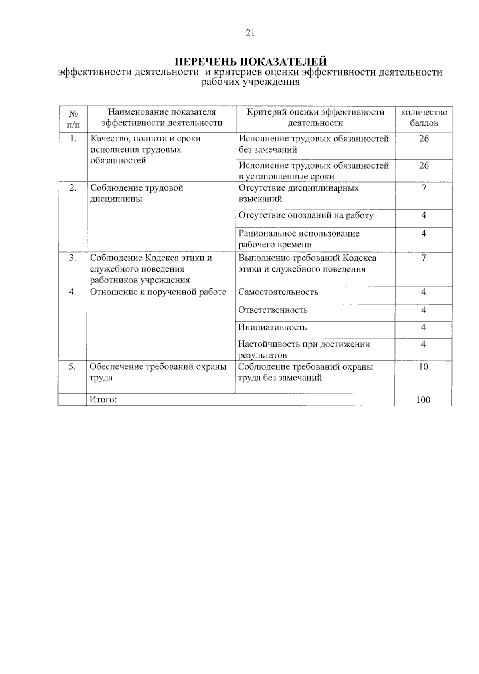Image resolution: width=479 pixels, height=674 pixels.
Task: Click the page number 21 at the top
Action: [x=250, y=33]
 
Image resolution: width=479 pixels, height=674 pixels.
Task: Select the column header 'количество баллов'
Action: [x=424, y=118]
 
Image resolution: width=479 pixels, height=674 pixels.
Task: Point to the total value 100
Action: [x=423, y=400]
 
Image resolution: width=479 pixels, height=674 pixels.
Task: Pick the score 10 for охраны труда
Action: [x=424, y=367]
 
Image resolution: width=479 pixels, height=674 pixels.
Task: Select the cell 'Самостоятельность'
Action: [x=278, y=292]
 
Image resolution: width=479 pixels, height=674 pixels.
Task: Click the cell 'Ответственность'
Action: [x=273, y=310]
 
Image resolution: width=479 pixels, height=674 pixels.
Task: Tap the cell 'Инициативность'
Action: [x=273, y=327]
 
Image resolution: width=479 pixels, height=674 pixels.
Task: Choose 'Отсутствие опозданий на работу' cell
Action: [x=306, y=215]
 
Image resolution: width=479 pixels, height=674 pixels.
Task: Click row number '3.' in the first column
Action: [x=73, y=258]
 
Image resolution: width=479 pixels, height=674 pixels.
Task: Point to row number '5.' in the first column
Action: [x=72, y=367]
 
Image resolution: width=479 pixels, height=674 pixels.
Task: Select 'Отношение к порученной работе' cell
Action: [x=158, y=292]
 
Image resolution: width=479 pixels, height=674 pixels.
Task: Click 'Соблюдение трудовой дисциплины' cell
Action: [x=137, y=193]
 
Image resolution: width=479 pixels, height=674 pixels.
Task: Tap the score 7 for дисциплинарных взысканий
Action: [x=424, y=188]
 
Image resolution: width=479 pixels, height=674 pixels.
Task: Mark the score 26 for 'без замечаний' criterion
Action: [x=424, y=139]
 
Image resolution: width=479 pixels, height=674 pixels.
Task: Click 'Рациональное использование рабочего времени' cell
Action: [x=299, y=239]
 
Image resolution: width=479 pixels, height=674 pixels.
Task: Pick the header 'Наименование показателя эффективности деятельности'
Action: [x=162, y=118]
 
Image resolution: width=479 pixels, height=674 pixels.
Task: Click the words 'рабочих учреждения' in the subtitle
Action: [x=250, y=83]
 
